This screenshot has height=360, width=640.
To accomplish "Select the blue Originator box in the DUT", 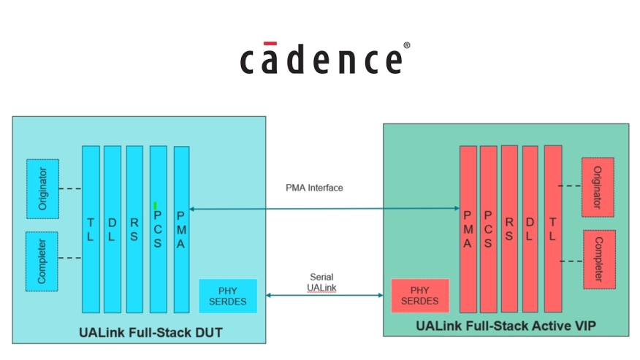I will coord(42,188).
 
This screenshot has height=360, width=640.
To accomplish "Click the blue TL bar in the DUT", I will coord(91,229).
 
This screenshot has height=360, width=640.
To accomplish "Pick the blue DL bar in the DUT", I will coord(113,229).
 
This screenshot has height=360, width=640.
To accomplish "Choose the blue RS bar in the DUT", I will coord(134,229).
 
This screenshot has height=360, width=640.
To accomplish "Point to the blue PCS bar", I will coord(158,229).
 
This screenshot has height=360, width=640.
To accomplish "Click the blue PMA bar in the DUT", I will coord(181,229).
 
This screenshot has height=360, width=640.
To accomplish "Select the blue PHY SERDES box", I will coord(228,295).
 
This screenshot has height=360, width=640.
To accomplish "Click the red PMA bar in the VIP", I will coord(468,229).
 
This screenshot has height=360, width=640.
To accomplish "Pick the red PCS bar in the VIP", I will coord(488,229).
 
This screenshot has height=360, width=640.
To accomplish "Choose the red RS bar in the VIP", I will coord(509,229).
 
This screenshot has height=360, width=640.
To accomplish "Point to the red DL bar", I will coord(530,229).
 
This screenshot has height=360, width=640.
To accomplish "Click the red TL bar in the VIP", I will coord(552,229).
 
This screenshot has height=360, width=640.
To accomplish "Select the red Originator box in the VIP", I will coord(598,186).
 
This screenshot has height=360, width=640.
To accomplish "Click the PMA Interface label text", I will coord(314,188).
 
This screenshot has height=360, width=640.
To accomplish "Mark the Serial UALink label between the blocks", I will coord(321,283).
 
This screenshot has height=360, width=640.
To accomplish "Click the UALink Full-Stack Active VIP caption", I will coord(506,326).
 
